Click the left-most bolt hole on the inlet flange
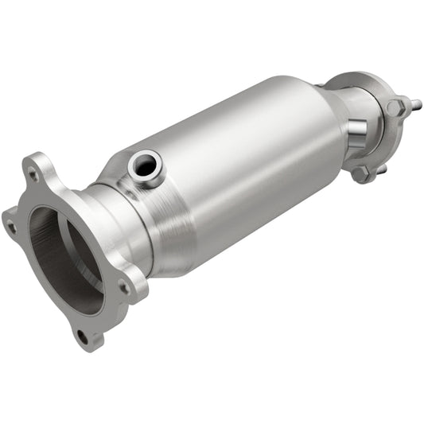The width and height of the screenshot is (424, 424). coord(11,227)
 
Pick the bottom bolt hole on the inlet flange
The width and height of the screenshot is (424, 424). coord(83,335)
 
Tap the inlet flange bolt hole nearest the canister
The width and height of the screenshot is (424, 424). coord(123,286)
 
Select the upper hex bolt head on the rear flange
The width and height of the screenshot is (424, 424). coord(395,108)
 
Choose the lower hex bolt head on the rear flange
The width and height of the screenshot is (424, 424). coord(362,173)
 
